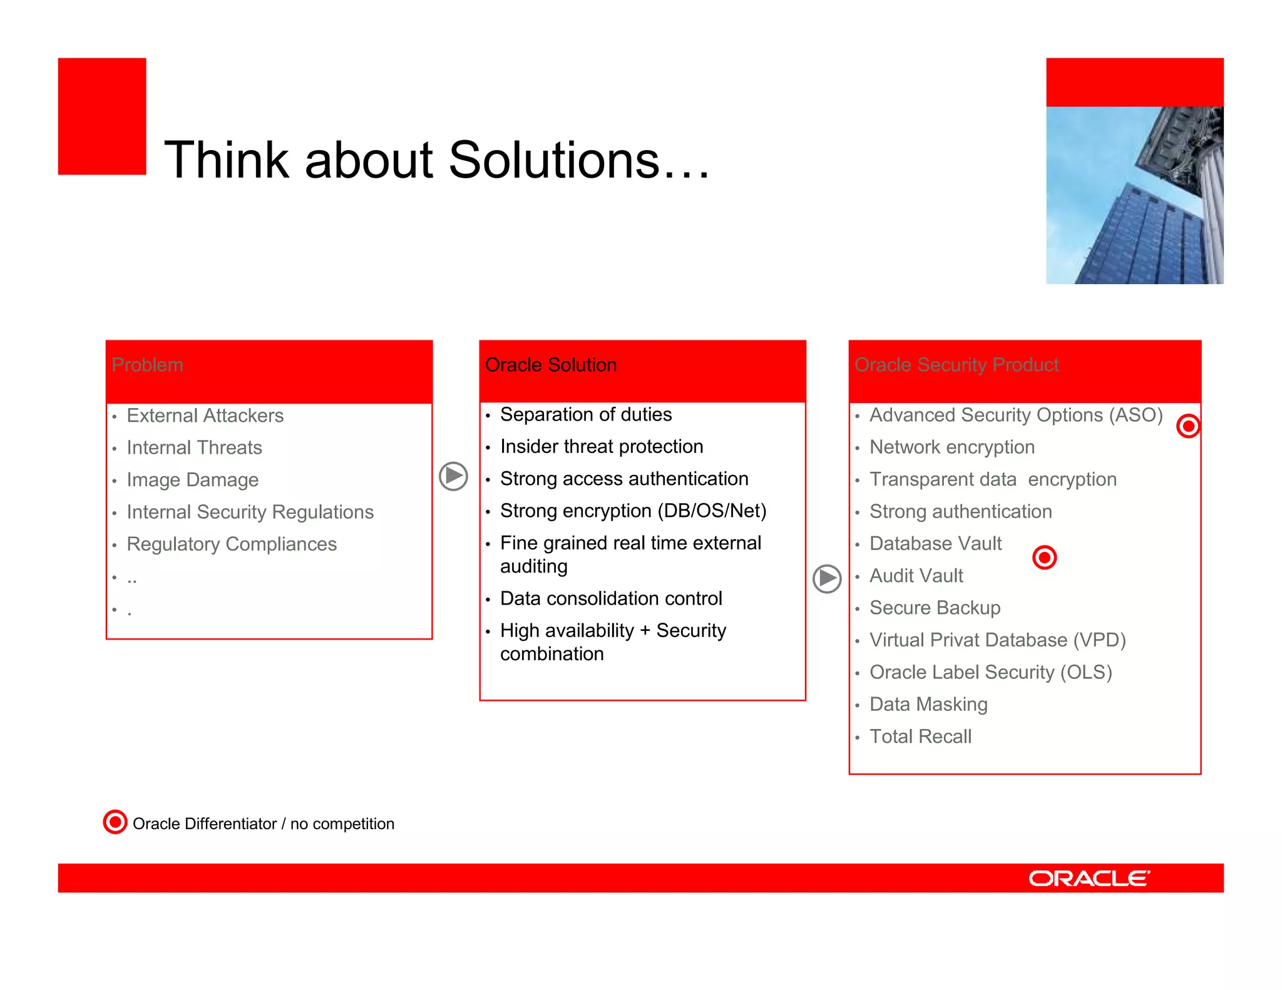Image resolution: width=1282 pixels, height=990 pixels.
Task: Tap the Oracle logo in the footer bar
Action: [x=1089, y=879]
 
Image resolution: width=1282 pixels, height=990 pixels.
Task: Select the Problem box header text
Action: [x=148, y=365]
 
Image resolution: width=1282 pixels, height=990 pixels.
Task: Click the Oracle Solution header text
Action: [x=551, y=365]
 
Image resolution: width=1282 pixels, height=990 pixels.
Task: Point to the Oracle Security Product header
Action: [x=956, y=365]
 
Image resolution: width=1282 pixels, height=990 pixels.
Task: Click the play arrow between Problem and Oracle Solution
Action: [x=453, y=477]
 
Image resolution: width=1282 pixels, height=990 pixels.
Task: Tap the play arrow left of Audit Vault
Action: [x=827, y=579]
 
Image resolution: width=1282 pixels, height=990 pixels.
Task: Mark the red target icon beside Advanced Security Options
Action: [x=1187, y=426]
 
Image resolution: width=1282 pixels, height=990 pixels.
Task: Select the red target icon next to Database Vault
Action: [x=1044, y=557]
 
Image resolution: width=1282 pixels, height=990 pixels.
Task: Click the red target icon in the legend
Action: [x=115, y=822]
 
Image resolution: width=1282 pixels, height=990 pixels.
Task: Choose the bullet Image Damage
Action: [x=192, y=480]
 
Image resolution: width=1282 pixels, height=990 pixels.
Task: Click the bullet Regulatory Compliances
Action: [x=232, y=544]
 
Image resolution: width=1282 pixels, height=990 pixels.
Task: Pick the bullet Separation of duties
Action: [x=585, y=415]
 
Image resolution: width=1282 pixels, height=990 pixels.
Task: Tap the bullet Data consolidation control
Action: [x=611, y=599]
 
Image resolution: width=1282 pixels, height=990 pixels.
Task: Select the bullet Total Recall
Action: [x=920, y=737]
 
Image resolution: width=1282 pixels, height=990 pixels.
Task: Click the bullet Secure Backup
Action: [x=935, y=608]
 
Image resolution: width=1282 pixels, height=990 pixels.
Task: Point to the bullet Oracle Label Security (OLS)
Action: [x=990, y=673]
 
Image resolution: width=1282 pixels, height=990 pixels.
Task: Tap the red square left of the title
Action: [x=102, y=116]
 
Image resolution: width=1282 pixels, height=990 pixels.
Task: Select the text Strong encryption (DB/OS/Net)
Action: [x=633, y=511]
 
